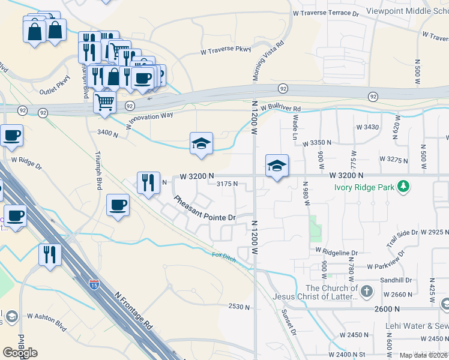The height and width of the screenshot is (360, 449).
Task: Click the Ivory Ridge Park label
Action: pos(364,187)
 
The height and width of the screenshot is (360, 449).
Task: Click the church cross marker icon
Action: pos(367,292)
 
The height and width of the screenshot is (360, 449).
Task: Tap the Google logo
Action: pos(20,352)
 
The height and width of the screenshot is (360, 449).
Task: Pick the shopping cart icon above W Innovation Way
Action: pos(105,103)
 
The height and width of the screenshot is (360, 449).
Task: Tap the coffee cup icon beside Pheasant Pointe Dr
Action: pos(118,205)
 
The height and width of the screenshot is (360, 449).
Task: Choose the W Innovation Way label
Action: pos(149,120)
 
